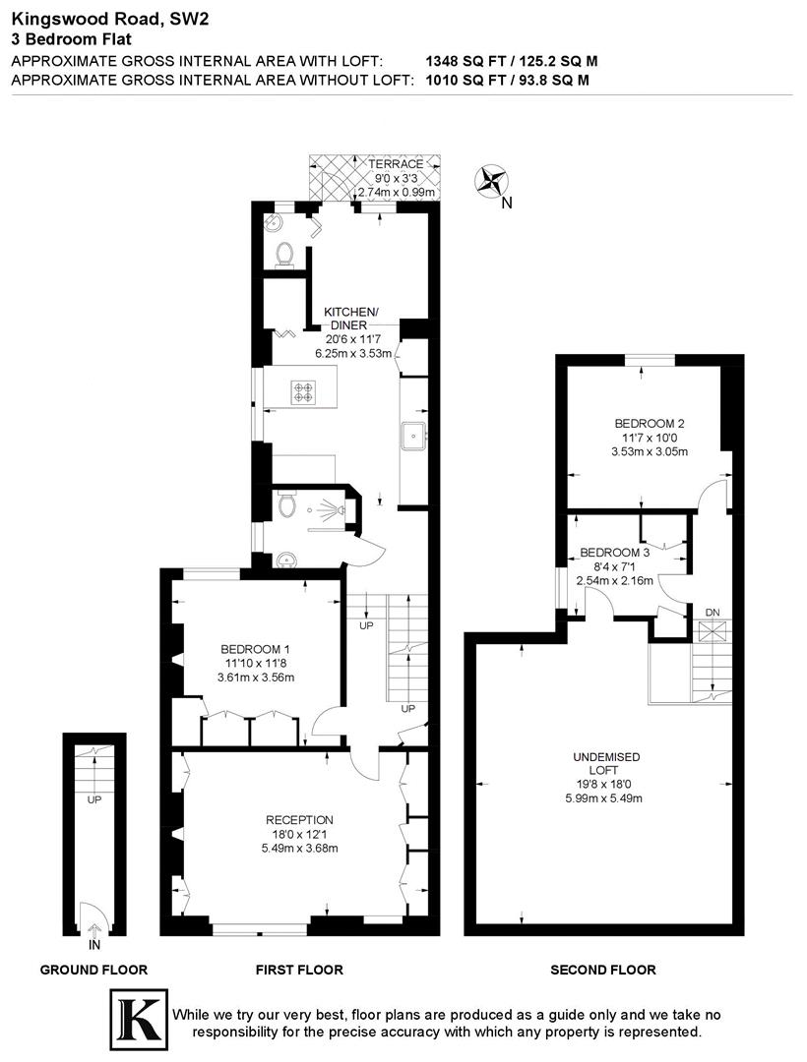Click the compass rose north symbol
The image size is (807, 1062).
coord(490,181)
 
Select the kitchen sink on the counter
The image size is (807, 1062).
coord(413,430)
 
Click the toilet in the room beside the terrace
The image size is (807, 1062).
coord(284,254)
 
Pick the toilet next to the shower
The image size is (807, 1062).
coord(285,505)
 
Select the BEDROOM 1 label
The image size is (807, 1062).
coord(255,649)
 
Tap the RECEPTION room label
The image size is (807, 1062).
coord(299,820)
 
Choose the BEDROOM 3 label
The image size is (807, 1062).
coord(615,553)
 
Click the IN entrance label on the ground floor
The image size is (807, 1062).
coord(94,945)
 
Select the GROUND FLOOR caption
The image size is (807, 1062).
coord(93,970)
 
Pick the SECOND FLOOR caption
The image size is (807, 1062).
coord(602,970)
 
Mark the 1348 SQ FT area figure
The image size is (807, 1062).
coord(464,61)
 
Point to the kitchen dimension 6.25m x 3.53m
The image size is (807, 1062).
coord(353,353)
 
